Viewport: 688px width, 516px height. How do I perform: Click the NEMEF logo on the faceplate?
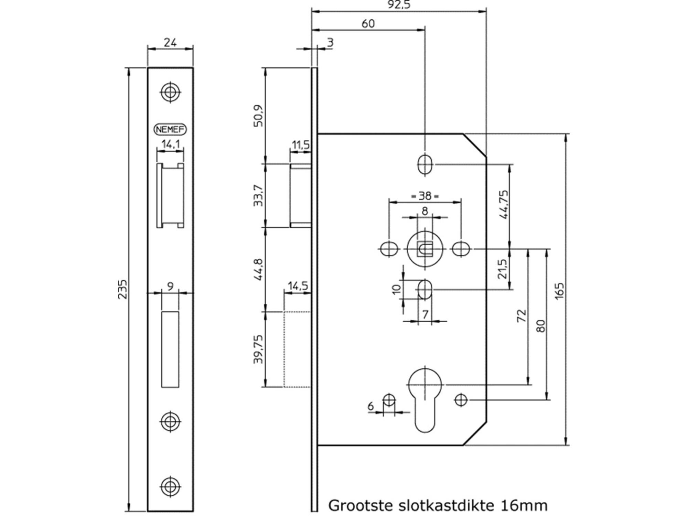170,129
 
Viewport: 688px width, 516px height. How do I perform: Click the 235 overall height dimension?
123,289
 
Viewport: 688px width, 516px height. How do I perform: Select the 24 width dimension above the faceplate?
170,43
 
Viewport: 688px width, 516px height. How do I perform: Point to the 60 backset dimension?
368,24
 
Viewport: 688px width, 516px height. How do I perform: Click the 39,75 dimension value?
258,349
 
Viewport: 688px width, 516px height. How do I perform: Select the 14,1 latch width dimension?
171,144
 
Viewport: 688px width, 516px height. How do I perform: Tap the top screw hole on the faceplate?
171,92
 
